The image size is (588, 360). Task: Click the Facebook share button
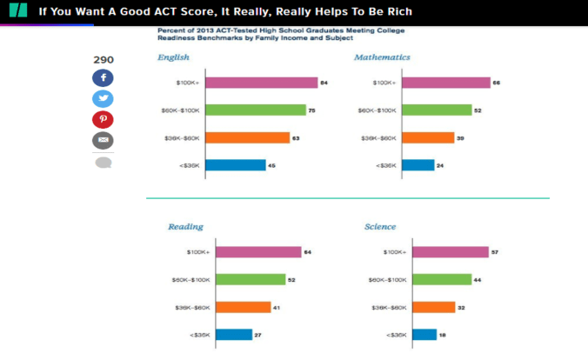click(103, 78)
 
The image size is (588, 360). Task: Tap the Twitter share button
click(103, 99)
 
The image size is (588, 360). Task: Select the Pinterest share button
click(103, 120)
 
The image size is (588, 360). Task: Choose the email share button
click(103, 140)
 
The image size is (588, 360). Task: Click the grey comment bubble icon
click(103, 163)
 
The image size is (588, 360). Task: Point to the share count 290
click(103, 60)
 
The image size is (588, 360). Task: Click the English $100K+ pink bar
click(261, 83)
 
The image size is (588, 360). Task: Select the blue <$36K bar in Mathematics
click(418, 164)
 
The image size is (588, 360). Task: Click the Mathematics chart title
click(383, 57)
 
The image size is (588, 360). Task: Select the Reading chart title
click(185, 227)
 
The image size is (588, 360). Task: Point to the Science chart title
click(380, 227)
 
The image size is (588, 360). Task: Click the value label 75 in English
click(312, 110)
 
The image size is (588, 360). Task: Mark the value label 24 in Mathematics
click(440, 165)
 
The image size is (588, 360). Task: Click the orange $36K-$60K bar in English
click(247, 137)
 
